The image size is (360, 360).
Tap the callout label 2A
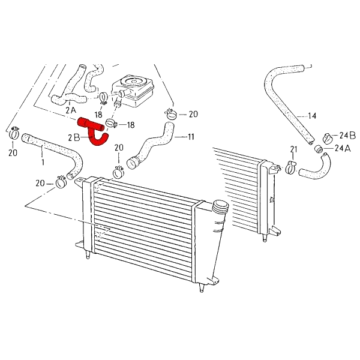(70, 110)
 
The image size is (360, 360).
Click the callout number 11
(190, 137)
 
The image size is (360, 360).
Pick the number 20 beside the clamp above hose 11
(193, 113)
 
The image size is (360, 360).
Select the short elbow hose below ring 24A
(314, 168)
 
